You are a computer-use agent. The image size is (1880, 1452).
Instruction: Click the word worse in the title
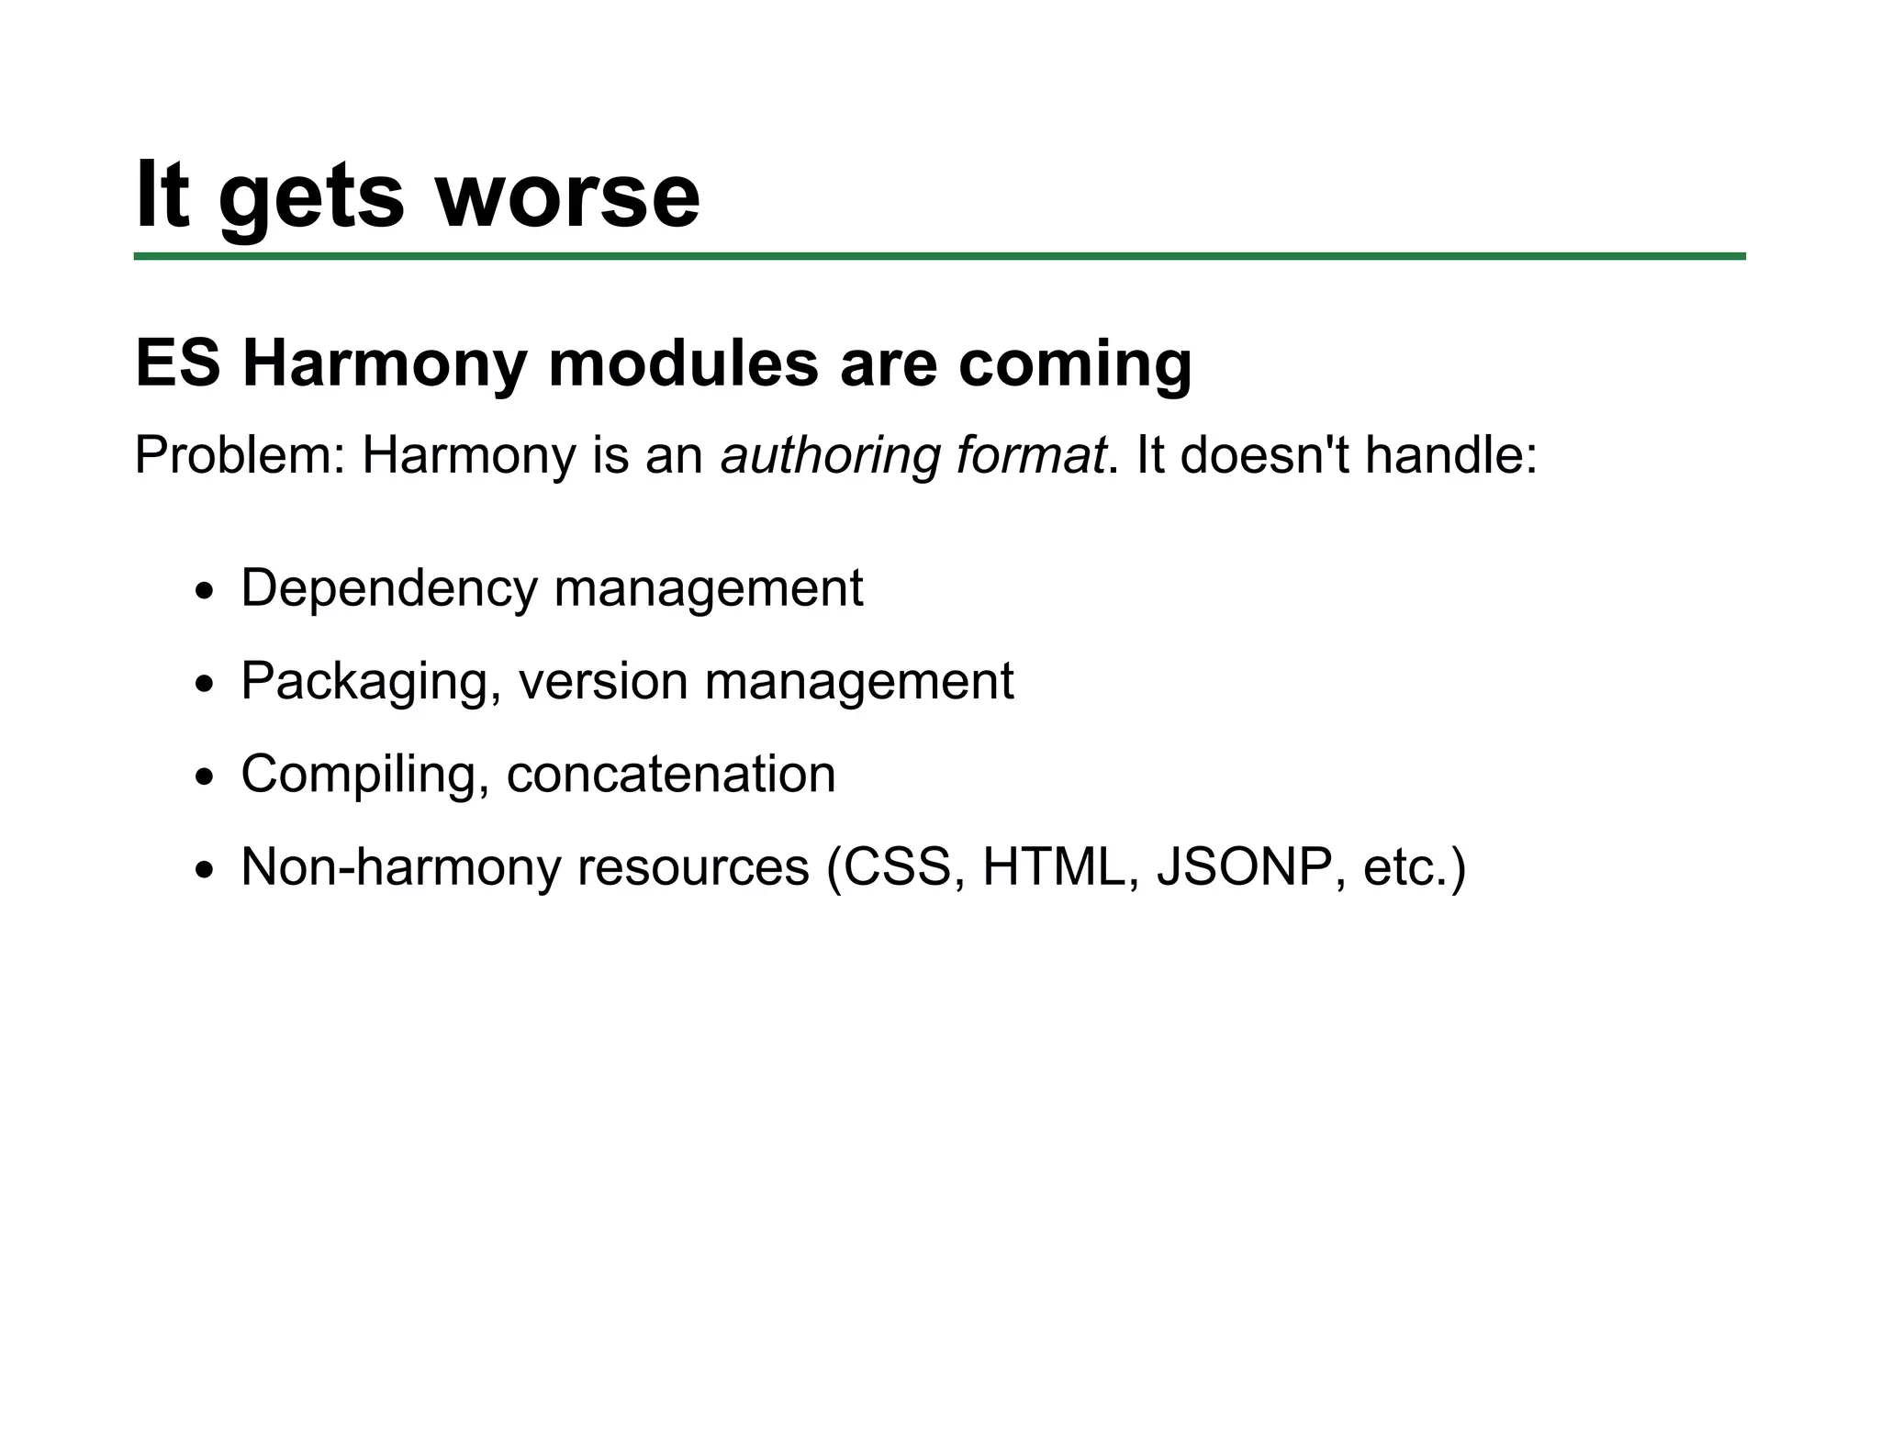(566, 195)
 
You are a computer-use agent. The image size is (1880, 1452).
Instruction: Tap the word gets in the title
(310, 198)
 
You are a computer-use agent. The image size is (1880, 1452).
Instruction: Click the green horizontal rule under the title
(939, 256)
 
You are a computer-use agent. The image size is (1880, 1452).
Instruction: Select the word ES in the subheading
(178, 363)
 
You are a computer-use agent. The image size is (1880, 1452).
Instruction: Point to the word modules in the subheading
(682, 363)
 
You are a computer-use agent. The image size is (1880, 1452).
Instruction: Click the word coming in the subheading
(1075, 365)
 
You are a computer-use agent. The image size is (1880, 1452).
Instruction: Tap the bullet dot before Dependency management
(205, 592)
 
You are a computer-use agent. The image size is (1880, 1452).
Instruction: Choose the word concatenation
(671, 774)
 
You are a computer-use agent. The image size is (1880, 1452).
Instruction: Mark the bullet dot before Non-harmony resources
(205, 870)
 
